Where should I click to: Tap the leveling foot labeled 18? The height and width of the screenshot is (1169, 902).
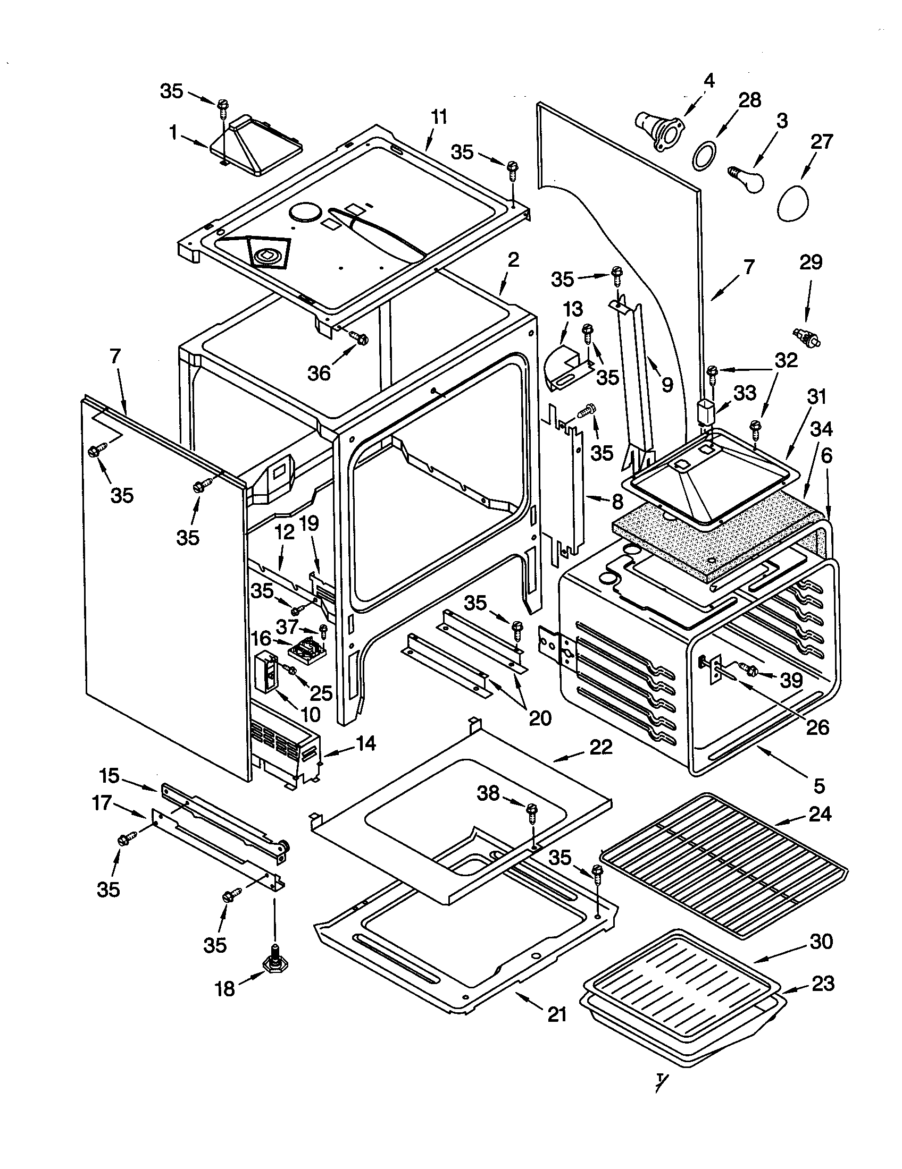click(274, 964)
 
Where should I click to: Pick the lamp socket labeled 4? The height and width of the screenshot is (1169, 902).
click(657, 129)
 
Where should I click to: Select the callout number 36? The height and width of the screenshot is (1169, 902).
click(319, 372)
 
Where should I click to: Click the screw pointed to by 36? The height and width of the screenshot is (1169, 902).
click(360, 337)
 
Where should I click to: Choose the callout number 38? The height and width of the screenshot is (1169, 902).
click(488, 793)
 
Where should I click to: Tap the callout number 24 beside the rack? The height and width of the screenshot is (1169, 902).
click(820, 815)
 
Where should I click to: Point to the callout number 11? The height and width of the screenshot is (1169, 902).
click(439, 117)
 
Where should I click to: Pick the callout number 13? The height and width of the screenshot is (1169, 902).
click(573, 309)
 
